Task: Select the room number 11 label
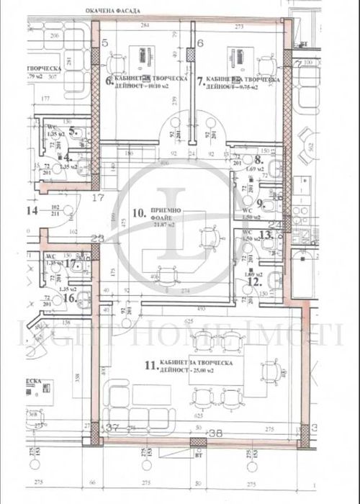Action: [149, 366]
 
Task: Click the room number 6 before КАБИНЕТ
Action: [109, 81]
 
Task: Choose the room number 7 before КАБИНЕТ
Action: [200, 81]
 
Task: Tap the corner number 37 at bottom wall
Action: [112, 428]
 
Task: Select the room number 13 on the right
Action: [266, 233]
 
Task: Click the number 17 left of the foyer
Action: [99, 196]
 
